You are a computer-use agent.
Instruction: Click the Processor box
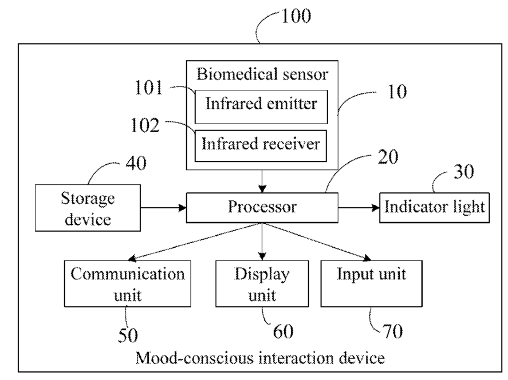[262, 208]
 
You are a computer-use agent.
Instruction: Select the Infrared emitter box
[261, 107]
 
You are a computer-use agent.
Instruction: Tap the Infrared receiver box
[261, 146]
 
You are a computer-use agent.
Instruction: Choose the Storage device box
[88, 208]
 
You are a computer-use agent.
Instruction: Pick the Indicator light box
[435, 208]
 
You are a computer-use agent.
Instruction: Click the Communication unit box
[128, 283]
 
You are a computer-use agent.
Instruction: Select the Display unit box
[262, 283]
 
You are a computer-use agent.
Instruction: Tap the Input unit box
[371, 283]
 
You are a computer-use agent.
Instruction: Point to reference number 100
[296, 16]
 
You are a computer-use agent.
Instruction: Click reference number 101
[148, 88]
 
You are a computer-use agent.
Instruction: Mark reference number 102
[145, 125]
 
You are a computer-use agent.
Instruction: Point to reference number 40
[136, 163]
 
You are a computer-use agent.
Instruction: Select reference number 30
[464, 172]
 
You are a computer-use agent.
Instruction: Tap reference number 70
[393, 331]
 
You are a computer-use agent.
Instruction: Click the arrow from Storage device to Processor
[163, 208]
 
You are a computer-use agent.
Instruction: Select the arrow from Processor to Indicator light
[359, 208]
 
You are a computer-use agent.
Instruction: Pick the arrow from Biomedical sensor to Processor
[262, 181]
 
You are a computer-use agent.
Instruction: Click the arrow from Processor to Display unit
[262, 242]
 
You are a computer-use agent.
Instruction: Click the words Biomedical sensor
[262, 74]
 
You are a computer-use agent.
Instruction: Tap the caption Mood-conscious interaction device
[260, 358]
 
